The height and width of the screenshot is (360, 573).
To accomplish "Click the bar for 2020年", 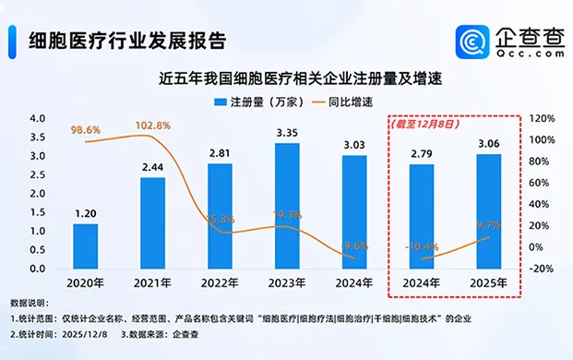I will (x=85, y=246).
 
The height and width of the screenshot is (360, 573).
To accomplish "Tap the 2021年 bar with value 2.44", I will (x=152, y=222).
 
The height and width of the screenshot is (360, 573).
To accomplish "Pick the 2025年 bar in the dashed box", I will (x=488, y=211).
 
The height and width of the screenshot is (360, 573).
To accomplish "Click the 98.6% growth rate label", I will (x=87, y=131).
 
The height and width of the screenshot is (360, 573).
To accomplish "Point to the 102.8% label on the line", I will (x=153, y=125).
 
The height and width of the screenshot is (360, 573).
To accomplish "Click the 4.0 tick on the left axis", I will (x=38, y=119).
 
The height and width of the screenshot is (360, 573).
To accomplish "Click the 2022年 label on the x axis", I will (x=219, y=284).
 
